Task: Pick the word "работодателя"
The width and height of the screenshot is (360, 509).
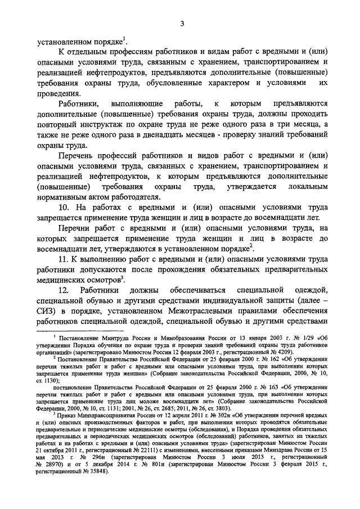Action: pyautogui.click(x=135, y=197)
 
